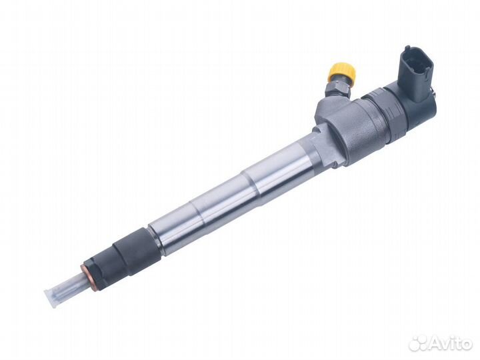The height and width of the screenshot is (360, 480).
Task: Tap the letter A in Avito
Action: (x=435, y=343)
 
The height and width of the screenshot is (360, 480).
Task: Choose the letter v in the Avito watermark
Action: (x=446, y=344)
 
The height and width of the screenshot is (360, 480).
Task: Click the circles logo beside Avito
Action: (x=418, y=343)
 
